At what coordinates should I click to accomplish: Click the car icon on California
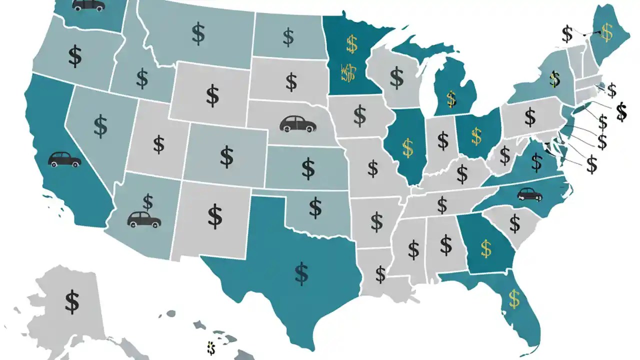tap(64, 159)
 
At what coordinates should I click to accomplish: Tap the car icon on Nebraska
tap(298, 123)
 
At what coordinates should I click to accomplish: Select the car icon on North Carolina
tap(529, 194)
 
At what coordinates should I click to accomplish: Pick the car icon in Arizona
tap(144, 219)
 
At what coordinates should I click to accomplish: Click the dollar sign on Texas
tap(301, 273)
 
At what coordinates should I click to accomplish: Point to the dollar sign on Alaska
tap(72, 301)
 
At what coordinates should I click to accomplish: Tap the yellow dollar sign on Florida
tap(514, 298)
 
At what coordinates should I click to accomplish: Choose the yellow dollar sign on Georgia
tap(485, 248)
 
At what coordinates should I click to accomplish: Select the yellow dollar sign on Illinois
tap(408, 146)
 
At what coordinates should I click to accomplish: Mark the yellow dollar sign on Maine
tap(607, 32)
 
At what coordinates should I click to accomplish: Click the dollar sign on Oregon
tap(75, 56)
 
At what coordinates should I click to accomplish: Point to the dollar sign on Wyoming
tap(212, 95)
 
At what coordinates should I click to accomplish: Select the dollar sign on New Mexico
tap(215, 215)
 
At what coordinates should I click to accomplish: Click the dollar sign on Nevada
tap(100, 126)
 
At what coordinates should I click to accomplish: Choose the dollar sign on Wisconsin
tap(396, 78)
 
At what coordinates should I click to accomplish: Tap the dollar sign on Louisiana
tap(380, 274)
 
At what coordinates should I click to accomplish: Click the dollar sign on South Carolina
tap(514, 222)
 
